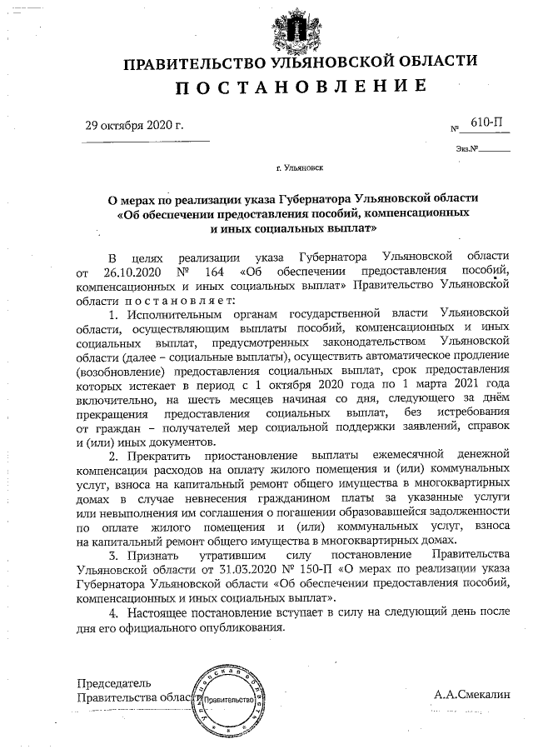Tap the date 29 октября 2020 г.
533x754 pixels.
[134, 127]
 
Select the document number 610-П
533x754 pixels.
[487, 122]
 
